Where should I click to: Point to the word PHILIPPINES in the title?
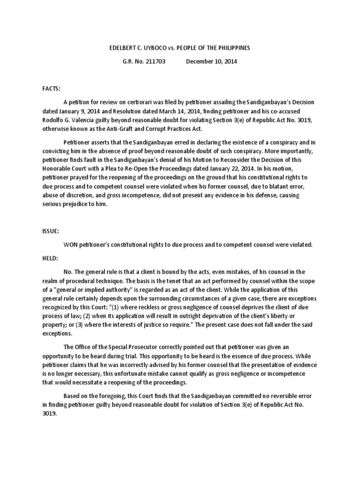pyautogui.click(x=233, y=48)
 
